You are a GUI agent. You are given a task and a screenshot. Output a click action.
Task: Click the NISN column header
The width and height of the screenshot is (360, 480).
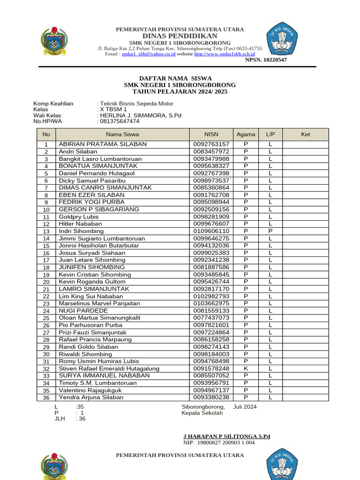click(211, 134)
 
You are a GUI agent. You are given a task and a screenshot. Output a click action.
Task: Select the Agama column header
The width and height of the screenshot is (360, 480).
click(246, 134)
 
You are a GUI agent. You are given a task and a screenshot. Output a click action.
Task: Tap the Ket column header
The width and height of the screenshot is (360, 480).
click(305, 134)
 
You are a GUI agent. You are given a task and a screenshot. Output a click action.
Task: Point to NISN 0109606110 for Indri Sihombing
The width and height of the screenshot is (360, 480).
click(211, 231)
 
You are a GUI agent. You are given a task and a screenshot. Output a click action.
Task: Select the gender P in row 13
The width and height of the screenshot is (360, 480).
click(270, 231)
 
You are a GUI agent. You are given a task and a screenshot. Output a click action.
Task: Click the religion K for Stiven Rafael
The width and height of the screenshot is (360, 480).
click(246, 368)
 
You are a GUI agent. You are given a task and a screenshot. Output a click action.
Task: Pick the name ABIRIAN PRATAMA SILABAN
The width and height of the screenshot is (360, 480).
click(103, 144)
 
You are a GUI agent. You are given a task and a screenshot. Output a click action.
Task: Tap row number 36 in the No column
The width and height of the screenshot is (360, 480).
click(46, 397)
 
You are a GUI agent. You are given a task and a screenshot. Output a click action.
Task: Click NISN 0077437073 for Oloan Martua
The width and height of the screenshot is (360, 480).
click(211, 318)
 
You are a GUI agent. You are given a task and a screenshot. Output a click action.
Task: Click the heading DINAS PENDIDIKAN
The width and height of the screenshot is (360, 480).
click(180, 36)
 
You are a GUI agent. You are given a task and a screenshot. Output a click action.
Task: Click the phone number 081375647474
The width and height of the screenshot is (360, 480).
click(120, 121)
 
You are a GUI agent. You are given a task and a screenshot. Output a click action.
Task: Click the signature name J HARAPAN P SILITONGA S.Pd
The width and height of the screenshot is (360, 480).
click(226, 436)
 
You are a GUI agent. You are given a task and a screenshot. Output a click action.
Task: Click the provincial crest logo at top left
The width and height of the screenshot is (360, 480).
click(54, 43)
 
